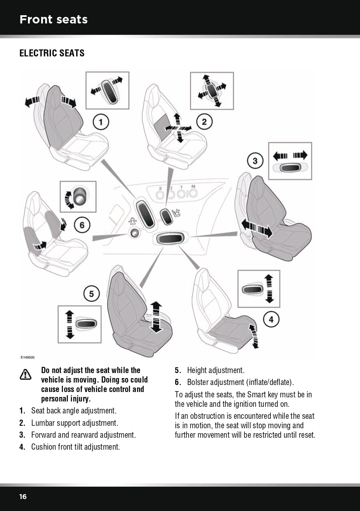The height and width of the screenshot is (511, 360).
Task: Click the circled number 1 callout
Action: (x=100, y=122)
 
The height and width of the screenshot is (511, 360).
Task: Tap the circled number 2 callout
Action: (x=204, y=121)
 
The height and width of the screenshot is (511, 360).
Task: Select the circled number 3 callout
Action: (x=255, y=160)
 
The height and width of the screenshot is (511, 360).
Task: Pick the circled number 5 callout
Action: (x=91, y=294)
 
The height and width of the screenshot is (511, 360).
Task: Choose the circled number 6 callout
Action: (x=82, y=225)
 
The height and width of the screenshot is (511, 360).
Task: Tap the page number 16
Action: (x=23, y=497)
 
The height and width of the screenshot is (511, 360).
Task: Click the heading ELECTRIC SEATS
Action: (x=52, y=53)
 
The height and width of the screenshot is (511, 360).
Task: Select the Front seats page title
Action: (x=53, y=19)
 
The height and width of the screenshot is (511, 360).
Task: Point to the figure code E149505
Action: (x=28, y=358)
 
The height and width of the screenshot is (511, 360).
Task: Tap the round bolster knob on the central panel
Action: (x=135, y=233)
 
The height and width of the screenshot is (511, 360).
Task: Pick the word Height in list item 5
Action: (x=197, y=370)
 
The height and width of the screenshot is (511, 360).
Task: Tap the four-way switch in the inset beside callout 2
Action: (x=211, y=91)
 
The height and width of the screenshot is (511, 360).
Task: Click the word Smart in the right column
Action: (x=261, y=394)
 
